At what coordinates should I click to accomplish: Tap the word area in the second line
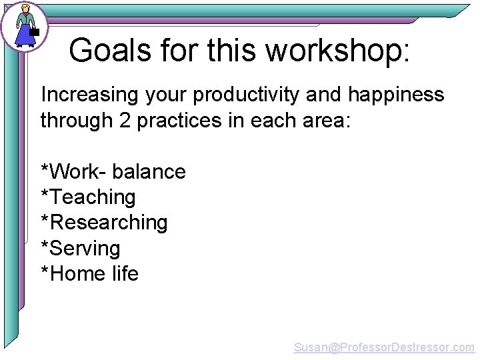(x=327, y=121)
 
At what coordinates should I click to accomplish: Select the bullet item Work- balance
(x=113, y=172)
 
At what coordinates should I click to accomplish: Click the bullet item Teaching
(x=88, y=197)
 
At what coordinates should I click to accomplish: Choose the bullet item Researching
(x=104, y=223)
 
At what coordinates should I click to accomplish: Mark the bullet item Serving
(x=81, y=249)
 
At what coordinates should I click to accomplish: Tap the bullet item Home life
(x=89, y=274)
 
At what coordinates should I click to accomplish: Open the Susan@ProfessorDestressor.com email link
(x=384, y=347)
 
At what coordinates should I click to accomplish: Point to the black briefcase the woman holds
(x=35, y=31)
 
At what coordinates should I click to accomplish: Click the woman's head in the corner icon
(x=25, y=9)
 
